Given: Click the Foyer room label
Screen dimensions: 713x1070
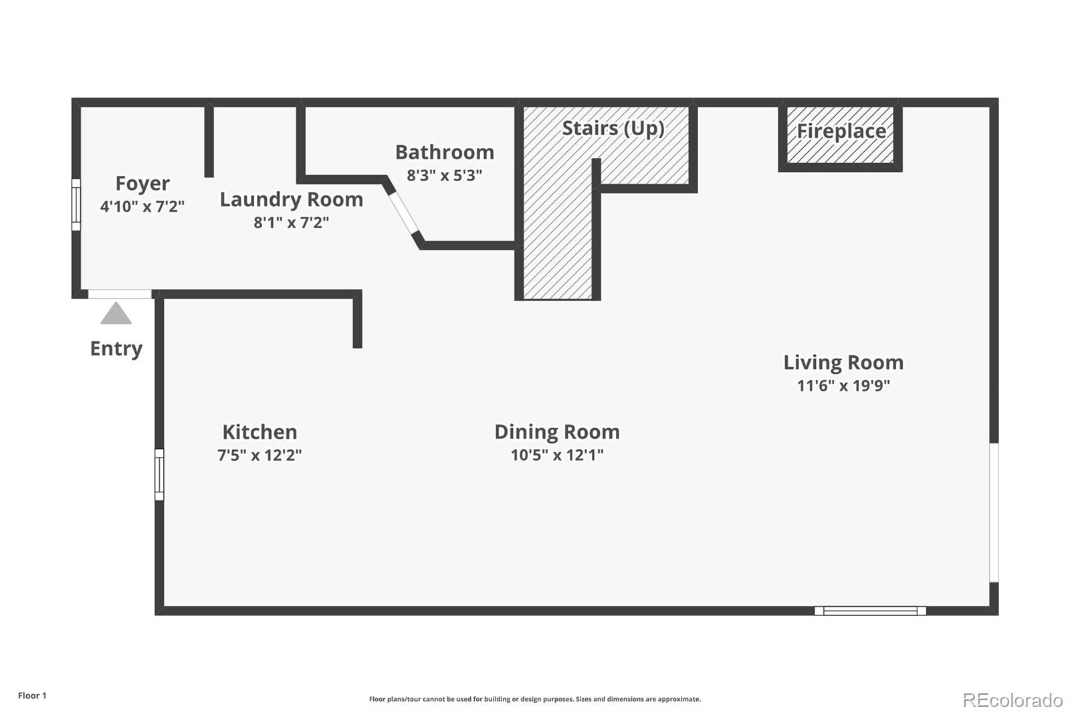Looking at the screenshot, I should point(142,183).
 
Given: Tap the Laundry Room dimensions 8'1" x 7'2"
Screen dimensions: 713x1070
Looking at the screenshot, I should point(291,222).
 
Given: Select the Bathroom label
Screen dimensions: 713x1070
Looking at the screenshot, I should point(444,152).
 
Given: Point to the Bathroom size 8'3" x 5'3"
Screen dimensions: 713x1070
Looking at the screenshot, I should point(444,175).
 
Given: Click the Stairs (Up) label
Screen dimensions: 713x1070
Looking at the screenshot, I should point(613,128).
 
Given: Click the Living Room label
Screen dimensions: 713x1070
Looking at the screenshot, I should point(843,363).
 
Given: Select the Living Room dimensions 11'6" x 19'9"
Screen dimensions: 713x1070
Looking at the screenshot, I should point(843,385).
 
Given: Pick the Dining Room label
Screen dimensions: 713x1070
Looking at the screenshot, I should point(556,432).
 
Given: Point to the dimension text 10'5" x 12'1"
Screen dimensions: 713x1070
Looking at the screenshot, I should point(556,455).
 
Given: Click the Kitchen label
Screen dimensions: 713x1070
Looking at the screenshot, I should point(259,432).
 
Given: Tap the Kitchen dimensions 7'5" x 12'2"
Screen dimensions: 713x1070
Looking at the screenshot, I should point(259,455).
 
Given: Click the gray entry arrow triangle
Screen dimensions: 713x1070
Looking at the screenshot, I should point(116,314).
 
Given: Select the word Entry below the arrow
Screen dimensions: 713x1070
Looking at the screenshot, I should point(116,348).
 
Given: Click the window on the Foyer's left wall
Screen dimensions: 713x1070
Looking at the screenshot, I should point(76,205).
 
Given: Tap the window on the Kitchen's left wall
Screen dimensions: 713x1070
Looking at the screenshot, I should point(159,475).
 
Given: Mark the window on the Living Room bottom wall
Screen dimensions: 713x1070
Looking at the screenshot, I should point(869,610).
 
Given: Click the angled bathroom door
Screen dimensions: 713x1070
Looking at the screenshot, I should point(403,213).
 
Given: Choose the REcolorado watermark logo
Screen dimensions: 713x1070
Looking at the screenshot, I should point(1012,700).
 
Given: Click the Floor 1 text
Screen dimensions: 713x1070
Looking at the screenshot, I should point(32,696).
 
